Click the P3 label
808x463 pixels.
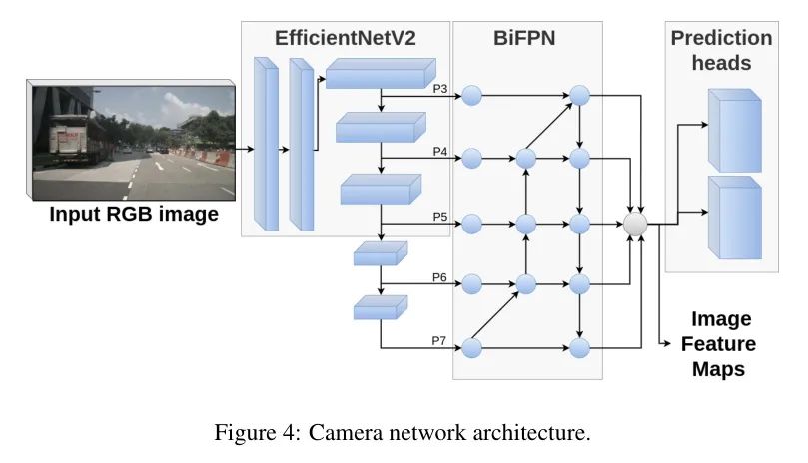[x=440, y=89]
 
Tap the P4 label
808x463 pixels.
[x=440, y=152]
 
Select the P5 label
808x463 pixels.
[x=440, y=217]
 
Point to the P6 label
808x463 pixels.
[x=439, y=277]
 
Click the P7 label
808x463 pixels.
[x=439, y=341]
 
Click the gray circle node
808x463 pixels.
[x=635, y=225]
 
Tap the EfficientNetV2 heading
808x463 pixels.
[x=346, y=38]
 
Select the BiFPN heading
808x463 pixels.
[x=524, y=38]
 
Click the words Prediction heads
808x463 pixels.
[x=721, y=51]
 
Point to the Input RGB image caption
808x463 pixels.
[x=134, y=214]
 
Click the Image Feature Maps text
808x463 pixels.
[x=719, y=344]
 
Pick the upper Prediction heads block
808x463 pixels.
[x=734, y=131]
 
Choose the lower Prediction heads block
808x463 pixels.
[x=734, y=218]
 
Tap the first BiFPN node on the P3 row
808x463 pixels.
[x=472, y=95]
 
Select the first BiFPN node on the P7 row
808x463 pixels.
[x=472, y=348]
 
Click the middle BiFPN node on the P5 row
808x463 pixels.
[x=526, y=225]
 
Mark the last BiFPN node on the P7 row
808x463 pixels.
[x=579, y=348]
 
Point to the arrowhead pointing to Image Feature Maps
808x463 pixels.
[x=668, y=343]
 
